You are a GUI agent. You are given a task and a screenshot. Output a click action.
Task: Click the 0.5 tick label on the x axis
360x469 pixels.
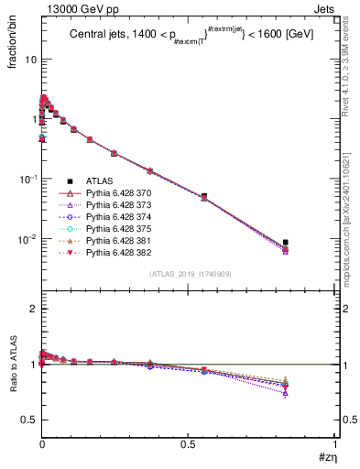pyautogui.click(x=188, y=446)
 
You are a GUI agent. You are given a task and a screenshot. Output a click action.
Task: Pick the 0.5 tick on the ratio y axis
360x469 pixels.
pyautogui.click(x=27, y=420)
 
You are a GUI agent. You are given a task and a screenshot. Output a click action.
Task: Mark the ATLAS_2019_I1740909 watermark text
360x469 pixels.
pyautogui.click(x=189, y=274)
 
